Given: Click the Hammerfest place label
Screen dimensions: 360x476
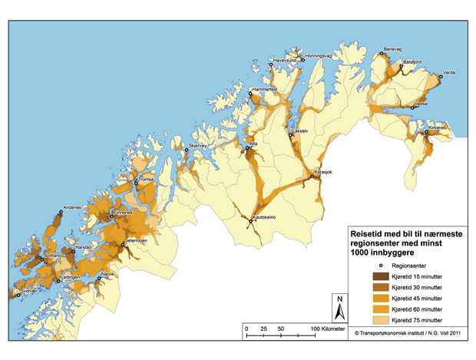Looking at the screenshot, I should tap(264, 91).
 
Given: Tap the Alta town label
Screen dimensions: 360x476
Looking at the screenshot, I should tap(254, 144).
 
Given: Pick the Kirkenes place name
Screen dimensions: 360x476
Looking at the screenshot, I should tap(440, 128).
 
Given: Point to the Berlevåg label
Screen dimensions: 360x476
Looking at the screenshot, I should tap(392, 48).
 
